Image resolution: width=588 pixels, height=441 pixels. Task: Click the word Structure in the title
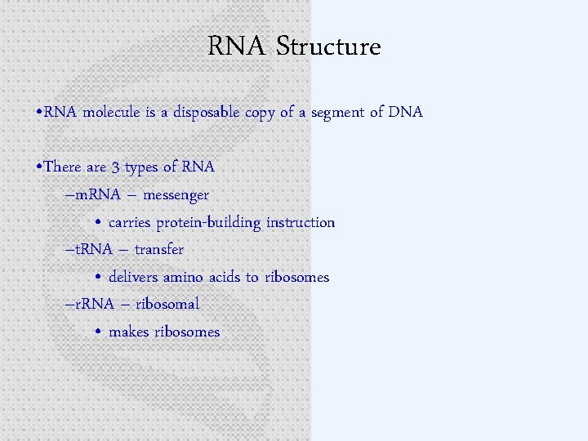(328, 47)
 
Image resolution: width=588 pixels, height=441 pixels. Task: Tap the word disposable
(202, 113)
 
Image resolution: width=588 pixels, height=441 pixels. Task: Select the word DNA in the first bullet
(406, 113)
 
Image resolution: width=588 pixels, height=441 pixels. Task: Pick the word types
(141, 167)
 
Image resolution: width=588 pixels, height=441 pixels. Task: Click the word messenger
(175, 195)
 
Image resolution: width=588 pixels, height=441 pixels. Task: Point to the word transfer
(159, 249)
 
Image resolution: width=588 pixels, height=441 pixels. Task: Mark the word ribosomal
(167, 304)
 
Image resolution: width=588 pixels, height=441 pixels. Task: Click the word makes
(129, 332)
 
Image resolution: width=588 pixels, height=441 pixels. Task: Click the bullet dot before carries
(97, 223)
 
